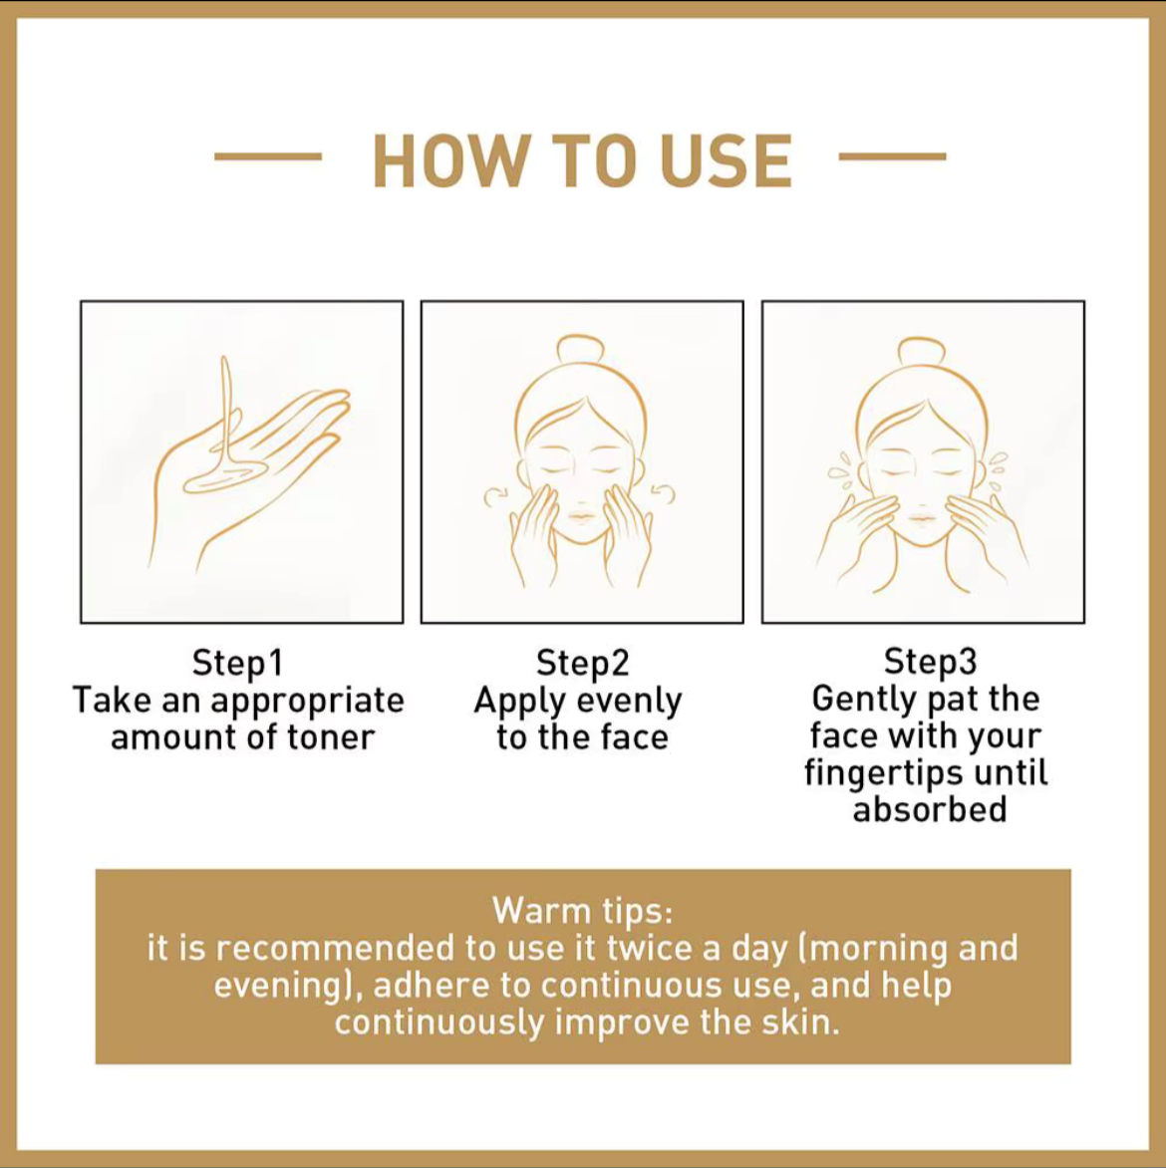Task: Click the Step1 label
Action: (x=238, y=663)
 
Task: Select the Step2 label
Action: (x=583, y=663)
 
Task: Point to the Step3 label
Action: (x=931, y=661)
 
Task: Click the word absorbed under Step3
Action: (x=930, y=809)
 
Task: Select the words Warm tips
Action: (x=583, y=910)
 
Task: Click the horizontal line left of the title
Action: (x=268, y=156)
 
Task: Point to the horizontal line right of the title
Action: (x=892, y=156)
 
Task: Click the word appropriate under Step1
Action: (x=307, y=701)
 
